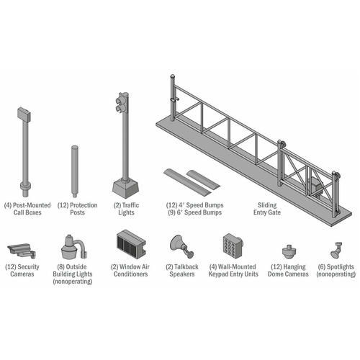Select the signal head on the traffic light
point(121,103)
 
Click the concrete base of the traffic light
point(125,189)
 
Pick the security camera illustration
point(20,250)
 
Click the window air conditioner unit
point(130,245)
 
